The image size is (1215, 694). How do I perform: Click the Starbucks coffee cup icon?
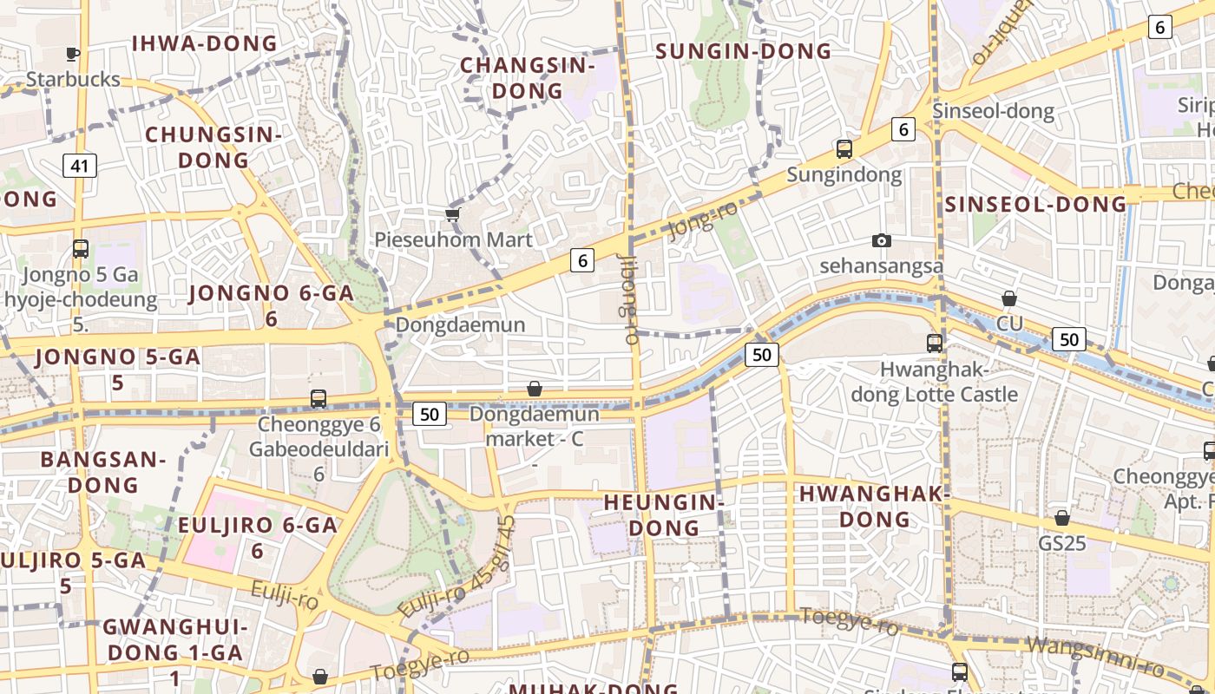pos(73,55)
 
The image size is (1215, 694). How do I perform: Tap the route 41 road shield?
pos(79,165)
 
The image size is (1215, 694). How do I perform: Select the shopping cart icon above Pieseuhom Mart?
pos(451,214)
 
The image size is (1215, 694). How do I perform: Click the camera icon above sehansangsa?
pos(882,240)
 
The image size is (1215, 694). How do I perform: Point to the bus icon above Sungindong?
pos(844,149)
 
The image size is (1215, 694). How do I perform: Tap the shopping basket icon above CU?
pos(1009,299)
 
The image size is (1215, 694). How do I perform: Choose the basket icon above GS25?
pos(1062,518)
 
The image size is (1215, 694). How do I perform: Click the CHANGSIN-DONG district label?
pos(527,78)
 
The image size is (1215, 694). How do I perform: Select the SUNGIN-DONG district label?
pos(743,51)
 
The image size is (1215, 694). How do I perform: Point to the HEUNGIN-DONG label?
pos(664,514)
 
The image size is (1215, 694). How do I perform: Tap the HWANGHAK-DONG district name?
pos(874,507)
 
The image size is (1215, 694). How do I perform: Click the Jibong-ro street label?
pos(628,297)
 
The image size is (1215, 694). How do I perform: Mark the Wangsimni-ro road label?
pos(1095,655)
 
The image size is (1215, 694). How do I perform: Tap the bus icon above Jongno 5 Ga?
pos(81,249)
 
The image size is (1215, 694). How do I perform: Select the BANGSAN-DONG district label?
pos(103,472)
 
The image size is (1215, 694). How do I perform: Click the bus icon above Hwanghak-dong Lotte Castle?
pos(935,344)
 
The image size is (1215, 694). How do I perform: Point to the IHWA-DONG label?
pos(205,43)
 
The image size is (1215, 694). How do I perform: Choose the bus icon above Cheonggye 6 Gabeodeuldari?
pos(319,399)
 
